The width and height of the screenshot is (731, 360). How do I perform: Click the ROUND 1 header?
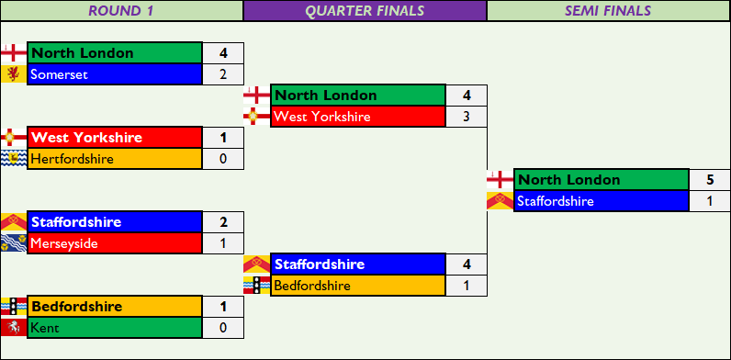121,11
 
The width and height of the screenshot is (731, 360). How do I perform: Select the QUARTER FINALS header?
365,11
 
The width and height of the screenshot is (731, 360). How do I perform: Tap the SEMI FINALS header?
609,11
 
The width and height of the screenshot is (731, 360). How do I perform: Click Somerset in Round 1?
115,74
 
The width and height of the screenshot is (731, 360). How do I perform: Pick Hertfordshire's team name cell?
115,159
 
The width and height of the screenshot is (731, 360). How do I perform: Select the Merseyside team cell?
115,243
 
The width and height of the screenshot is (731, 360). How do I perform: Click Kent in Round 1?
115,328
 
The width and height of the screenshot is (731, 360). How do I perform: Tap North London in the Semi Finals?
602,180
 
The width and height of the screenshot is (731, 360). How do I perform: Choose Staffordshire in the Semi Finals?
602,201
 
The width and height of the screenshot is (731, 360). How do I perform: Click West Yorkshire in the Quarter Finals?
358,117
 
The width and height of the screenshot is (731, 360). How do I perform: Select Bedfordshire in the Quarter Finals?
358,286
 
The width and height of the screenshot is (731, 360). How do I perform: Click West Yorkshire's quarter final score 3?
467,117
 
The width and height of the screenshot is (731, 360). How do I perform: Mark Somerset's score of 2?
223,74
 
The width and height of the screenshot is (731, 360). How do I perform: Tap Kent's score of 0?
223,328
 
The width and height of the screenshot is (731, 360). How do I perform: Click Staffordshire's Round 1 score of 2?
223,222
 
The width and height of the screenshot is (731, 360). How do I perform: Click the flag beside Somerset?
14,74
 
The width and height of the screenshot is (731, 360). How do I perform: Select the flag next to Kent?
14,328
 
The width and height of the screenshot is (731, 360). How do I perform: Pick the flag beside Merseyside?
14,243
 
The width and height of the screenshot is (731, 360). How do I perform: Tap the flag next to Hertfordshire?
14,159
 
